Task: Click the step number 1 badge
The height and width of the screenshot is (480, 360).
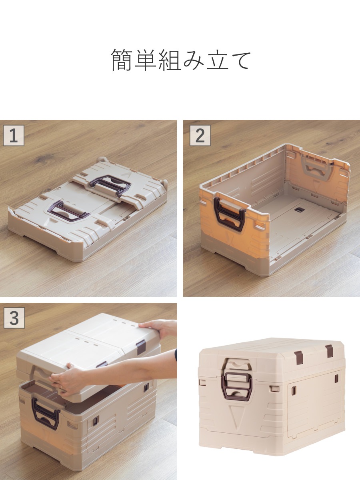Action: tap(14, 135)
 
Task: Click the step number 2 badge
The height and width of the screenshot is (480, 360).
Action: tap(200, 135)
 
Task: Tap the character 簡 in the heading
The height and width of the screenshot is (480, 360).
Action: tap(122, 60)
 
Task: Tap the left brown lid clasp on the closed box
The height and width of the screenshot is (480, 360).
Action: tap(298, 357)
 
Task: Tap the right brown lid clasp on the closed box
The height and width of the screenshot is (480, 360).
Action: tap(329, 351)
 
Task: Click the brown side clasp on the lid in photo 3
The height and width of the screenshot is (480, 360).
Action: tap(140, 346)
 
